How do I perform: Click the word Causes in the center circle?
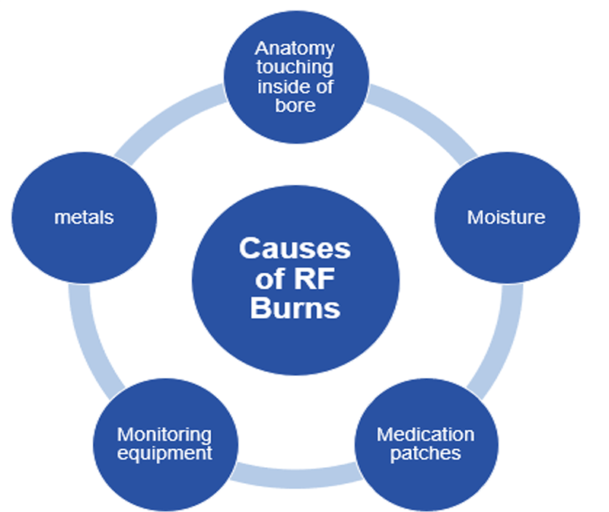coord(295,249)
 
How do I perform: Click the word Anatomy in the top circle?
coord(295,49)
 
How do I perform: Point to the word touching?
coord(295,68)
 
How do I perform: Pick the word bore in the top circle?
coord(295,105)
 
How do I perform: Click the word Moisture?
coord(506,218)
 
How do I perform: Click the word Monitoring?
coord(164,434)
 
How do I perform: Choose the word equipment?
coord(164,453)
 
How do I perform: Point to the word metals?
coord(84,218)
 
